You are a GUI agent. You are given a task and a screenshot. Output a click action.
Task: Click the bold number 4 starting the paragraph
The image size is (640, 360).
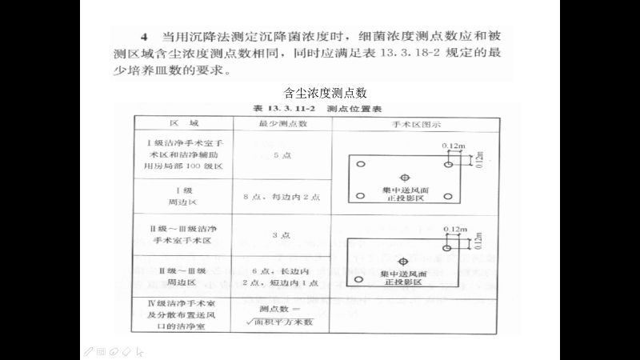pos(144,37)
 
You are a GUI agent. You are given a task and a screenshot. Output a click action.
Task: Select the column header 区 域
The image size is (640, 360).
pos(183,124)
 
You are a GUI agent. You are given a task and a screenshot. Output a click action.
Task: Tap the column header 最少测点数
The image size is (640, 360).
pos(282,124)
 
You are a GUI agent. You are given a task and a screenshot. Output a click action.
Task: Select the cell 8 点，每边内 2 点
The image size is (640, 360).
pos(282,195)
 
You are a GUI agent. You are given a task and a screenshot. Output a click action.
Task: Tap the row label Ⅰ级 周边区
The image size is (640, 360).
pos(183,195)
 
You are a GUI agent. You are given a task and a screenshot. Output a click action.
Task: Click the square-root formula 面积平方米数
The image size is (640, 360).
pos(284,322)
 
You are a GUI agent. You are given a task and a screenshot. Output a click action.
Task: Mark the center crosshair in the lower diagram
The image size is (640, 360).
pos(405,261)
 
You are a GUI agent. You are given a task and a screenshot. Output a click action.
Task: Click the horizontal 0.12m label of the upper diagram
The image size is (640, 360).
pos(454,145)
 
